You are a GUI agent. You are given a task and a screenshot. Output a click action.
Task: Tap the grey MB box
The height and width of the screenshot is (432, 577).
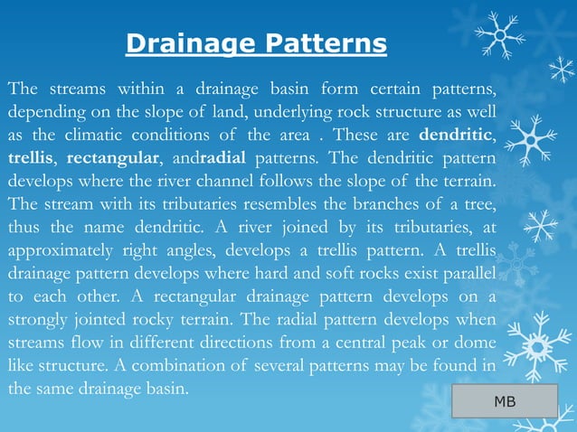tap(505, 400)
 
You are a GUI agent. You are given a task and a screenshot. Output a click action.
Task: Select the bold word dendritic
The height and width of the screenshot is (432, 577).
tap(456, 136)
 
